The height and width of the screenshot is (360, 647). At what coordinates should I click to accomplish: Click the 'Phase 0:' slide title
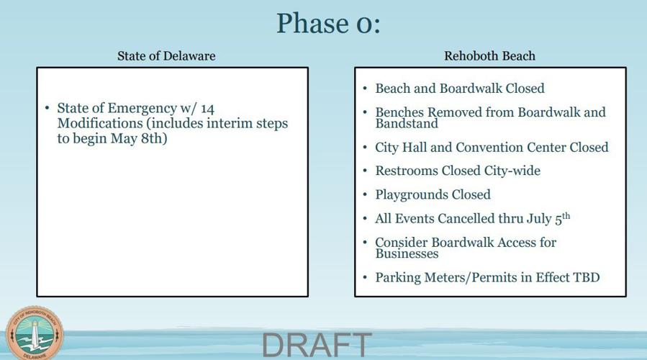point(327,23)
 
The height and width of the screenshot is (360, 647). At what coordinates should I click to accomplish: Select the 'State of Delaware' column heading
point(166,55)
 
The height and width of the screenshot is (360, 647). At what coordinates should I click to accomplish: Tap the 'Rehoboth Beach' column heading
point(489,55)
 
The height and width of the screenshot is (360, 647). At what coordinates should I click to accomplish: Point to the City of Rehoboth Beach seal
point(35,333)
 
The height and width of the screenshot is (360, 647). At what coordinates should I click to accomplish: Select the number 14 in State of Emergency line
point(207,108)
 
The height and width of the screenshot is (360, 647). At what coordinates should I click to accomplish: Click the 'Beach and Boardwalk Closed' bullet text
point(459,89)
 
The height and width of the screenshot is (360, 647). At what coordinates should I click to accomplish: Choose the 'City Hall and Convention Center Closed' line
point(492,147)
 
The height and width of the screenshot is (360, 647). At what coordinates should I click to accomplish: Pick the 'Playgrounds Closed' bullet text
point(433,194)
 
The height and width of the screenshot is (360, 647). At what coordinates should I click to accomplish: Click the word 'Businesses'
point(407,253)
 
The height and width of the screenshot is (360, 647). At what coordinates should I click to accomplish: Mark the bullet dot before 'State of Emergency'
point(47,108)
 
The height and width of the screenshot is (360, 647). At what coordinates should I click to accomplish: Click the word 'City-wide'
point(510,171)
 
